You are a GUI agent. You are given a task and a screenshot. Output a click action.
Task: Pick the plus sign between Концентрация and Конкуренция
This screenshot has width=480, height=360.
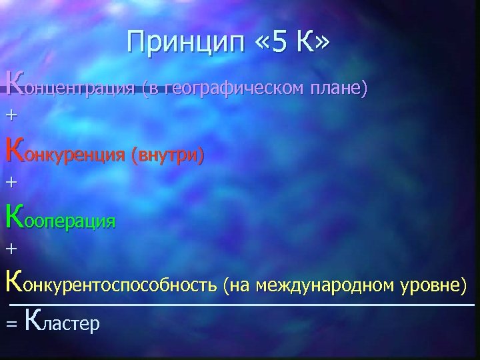pyautogui.click(x=10, y=115)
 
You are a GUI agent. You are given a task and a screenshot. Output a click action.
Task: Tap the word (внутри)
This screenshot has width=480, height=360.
pyautogui.click(x=167, y=155)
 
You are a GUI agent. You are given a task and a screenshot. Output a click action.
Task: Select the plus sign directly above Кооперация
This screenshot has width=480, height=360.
pyautogui.click(x=10, y=181)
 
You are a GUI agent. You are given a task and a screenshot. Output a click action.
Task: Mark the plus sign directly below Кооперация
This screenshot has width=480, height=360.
pyautogui.click(x=10, y=248)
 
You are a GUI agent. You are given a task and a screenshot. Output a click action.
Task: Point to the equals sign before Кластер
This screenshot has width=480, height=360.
pyautogui.click(x=10, y=324)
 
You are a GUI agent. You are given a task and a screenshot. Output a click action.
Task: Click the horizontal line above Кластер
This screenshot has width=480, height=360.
pyautogui.click(x=240, y=305)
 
